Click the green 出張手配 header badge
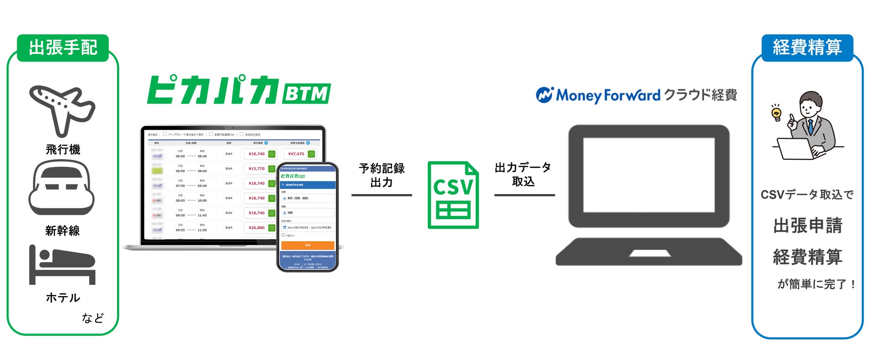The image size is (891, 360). click(x=63, y=48)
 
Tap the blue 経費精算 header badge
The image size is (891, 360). click(x=807, y=48)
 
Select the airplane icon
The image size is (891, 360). click(x=62, y=110)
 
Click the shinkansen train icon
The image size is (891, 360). click(x=62, y=188)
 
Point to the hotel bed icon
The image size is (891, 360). click(x=62, y=265)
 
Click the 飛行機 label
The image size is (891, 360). click(x=63, y=149)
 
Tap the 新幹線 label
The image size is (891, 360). click(x=63, y=231)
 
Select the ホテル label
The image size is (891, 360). click(x=63, y=298)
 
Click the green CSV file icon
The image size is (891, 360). click(x=453, y=195)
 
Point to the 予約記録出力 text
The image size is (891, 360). click(x=382, y=175)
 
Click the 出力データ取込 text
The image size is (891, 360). click(x=523, y=175)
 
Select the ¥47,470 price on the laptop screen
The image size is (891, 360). click(x=296, y=154)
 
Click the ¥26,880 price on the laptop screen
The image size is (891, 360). click(x=256, y=228)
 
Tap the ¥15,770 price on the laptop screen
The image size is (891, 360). click(x=256, y=169)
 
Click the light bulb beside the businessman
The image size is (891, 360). click(x=776, y=113)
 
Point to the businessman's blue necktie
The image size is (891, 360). click(x=811, y=126)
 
